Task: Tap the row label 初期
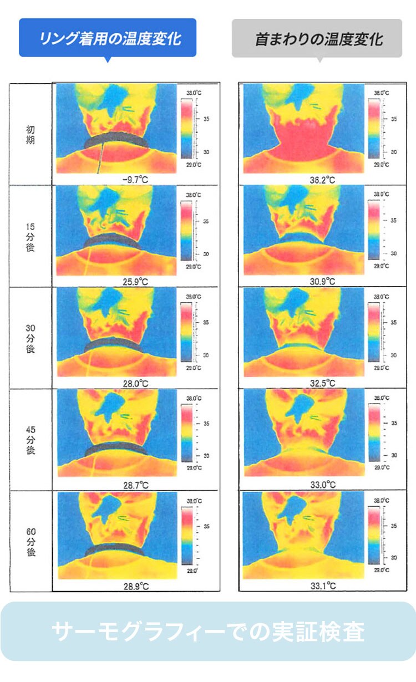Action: click(x=30, y=133)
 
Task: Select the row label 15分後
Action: click(x=30, y=236)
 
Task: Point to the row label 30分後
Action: click(x=30, y=338)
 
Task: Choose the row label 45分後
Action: click(x=30, y=440)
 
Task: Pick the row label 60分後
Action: click(x=30, y=541)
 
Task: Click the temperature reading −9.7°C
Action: click(x=135, y=180)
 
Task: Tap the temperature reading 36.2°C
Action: click(x=323, y=180)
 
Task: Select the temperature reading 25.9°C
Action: click(x=135, y=282)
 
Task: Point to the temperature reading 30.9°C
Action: click(x=323, y=282)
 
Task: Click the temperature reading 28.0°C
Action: click(x=135, y=383)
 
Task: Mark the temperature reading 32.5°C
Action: click(x=323, y=383)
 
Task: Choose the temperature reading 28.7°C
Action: click(x=135, y=485)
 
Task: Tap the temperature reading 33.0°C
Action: click(x=323, y=485)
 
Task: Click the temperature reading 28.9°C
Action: click(x=135, y=586)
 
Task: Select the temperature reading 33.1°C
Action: click(x=323, y=586)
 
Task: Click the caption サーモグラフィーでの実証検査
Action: click(x=208, y=632)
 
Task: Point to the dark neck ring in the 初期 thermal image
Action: click(x=116, y=140)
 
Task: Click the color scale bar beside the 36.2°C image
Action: click(x=373, y=128)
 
